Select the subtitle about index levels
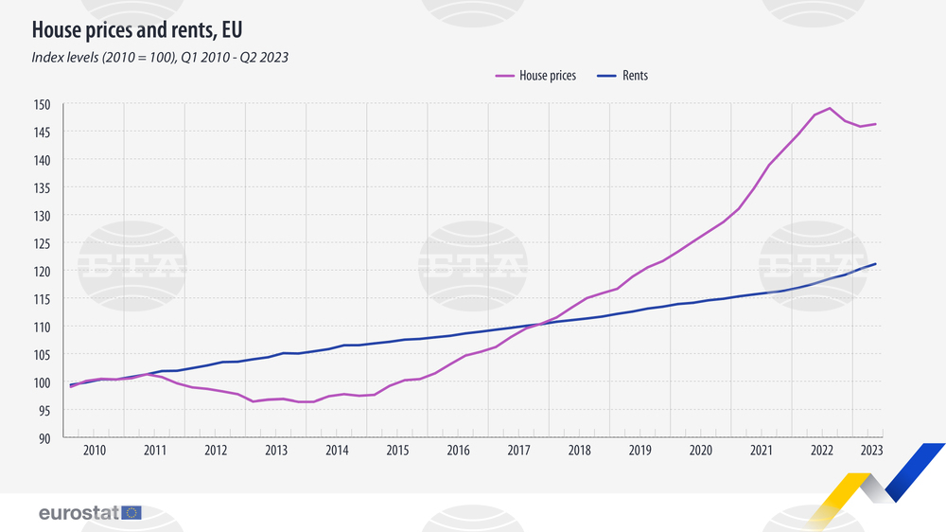click(160, 57)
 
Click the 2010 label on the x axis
click(94, 450)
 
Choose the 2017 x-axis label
click(518, 450)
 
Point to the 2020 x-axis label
click(701, 450)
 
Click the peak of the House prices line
click(830, 108)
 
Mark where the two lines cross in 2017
click(540, 324)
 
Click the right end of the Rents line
click(875, 264)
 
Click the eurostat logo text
click(79, 512)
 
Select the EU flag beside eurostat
click(131, 512)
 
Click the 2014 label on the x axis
click(337, 450)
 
